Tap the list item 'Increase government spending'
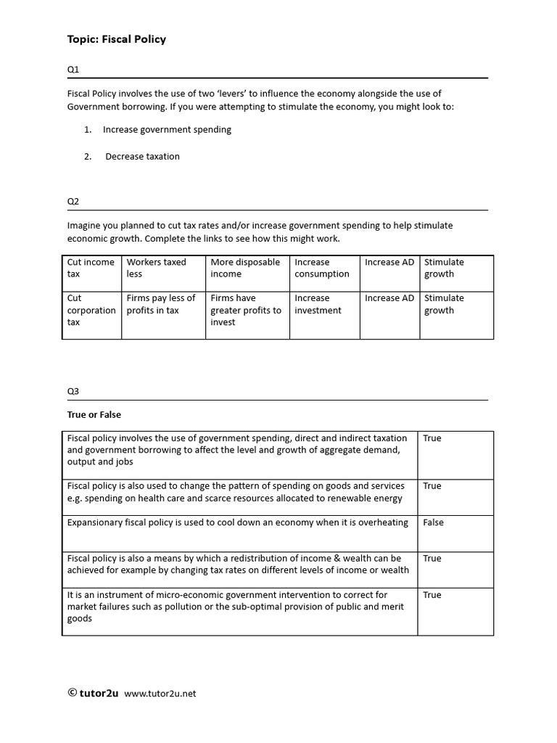(x=167, y=130)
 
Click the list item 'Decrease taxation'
(x=142, y=156)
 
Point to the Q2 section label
(x=73, y=201)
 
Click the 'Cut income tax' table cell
(x=90, y=268)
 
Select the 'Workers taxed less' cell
(x=156, y=268)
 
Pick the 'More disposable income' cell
(x=245, y=268)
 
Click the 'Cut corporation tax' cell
(x=91, y=310)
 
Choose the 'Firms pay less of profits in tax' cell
(x=161, y=304)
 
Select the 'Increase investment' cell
(x=318, y=304)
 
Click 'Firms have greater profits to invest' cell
(x=245, y=310)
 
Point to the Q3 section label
(x=73, y=391)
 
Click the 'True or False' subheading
(x=94, y=415)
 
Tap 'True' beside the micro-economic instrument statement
(x=432, y=595)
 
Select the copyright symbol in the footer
(x=73, y=693)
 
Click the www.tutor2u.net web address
(x=160, y=694)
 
